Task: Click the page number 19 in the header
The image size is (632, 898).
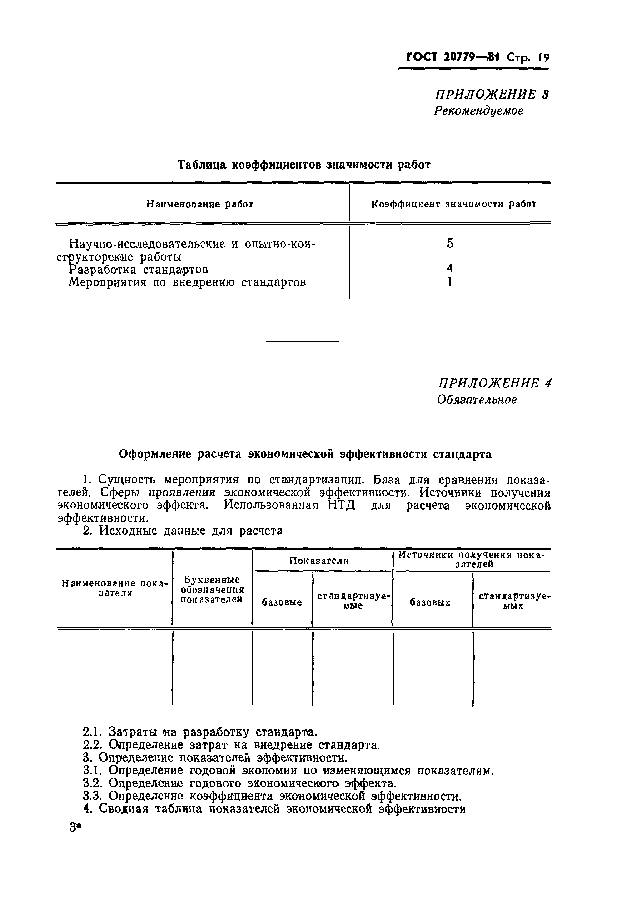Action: [x=544, y=58]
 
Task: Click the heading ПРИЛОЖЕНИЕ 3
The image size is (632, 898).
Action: [x=492, y=95]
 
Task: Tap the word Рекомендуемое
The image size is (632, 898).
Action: [x=478, y=111]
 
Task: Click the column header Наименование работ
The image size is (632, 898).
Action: [x=200, y=204]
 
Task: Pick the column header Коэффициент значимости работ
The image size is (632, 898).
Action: [x=453, y=204]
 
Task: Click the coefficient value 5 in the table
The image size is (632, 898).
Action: [x=450, y=243]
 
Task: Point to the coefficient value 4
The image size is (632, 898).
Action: [x=450, y=269]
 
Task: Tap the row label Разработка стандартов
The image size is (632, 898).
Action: [x=138, y=270]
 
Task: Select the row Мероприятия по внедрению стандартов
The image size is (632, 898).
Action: [x=187, y=282]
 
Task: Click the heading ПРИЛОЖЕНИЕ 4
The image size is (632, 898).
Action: [x=494, y=383]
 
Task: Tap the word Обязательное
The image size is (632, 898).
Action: [x=477, y=400]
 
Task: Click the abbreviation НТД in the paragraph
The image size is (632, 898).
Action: [x=341, y=505]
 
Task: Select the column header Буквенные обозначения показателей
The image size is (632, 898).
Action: [x=212, y=590]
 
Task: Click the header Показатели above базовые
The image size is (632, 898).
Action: [x=319, y=561]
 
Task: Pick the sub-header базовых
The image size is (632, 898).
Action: [x=430, y=603]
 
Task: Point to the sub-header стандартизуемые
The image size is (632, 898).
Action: [x=353, y=601]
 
